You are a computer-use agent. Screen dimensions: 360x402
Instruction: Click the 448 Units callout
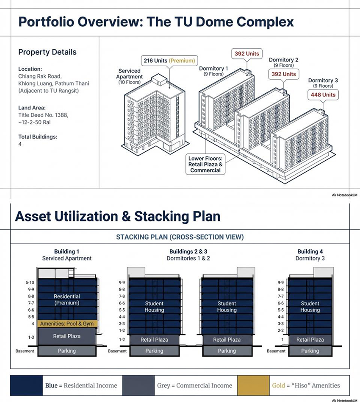pos(323,95)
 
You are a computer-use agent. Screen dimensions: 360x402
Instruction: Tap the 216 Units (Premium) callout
pos(169,61)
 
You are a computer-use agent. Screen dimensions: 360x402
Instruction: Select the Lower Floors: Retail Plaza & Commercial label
pos(205,165)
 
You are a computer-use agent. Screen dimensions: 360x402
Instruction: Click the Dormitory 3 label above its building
pos(323,80)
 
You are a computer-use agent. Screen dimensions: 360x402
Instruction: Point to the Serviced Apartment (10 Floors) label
pos(129,76)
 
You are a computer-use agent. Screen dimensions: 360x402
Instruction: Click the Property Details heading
pos(47,52)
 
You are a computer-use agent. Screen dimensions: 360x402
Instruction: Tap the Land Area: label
pos(32,108)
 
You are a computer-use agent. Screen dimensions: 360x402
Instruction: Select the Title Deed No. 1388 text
pos(43,115)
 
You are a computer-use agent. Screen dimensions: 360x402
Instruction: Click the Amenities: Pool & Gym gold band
pos(67,324)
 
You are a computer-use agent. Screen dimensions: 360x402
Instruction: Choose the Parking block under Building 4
pos(310,351)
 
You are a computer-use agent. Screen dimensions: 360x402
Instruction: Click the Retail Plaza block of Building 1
pos(67,336)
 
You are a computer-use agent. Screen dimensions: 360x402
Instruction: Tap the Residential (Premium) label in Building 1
pos(67,299)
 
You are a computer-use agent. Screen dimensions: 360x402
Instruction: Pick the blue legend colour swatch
pos(26,385)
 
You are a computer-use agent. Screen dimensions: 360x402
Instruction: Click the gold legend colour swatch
pos(253,385)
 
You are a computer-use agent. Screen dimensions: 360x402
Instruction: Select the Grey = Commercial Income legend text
pos(194,385)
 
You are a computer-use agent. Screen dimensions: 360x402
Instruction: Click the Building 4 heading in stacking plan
pos(310,251)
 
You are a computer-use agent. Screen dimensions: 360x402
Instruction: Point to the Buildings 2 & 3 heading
pos(188,251)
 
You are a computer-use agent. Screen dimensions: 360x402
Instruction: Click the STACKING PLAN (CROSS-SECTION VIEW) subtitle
pos(180,237)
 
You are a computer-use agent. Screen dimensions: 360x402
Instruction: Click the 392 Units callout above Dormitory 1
pos(247,53)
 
